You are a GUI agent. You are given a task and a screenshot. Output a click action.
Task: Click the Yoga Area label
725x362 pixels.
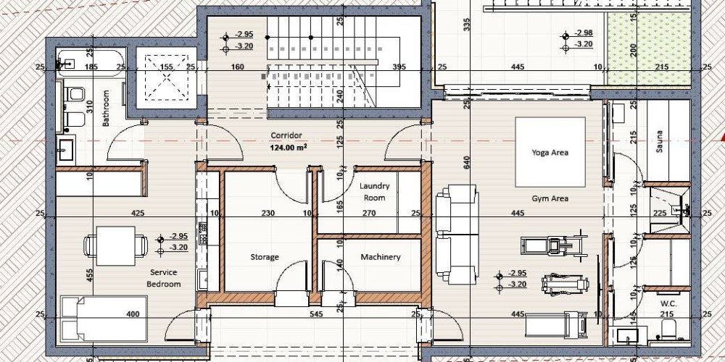(x=550, y=152)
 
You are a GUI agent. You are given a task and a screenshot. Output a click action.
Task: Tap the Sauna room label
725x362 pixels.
(x=659, y=142)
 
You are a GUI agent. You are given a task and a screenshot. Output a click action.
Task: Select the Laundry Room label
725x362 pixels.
(x=375, y=192)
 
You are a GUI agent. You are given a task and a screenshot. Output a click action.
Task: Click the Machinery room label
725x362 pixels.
(x=381, y=257)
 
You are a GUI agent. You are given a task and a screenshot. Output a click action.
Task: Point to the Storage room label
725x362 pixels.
(x=265, y=257)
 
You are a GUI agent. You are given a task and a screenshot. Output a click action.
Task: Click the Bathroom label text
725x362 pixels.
(x=106, y=108)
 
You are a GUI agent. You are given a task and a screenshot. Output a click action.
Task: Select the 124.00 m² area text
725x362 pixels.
(x=289, y=148)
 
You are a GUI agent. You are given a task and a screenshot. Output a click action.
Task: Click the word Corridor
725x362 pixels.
(x=286, y=135)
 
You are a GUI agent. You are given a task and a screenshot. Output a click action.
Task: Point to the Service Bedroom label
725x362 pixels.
(x=163, y=278)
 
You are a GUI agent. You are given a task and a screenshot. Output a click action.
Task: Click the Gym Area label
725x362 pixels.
(x=550, y=198)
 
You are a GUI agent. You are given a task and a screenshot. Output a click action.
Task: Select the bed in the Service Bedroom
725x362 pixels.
(x=104, y=319)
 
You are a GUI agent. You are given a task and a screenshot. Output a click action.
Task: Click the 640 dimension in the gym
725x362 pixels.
(x=466, y=162)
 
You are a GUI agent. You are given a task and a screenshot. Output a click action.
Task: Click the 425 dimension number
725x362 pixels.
(x=138, y=213)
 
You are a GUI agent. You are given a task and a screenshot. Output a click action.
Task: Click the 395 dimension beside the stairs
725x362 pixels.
(x=399, y=67)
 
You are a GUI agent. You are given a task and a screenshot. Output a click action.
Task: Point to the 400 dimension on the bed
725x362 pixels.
(x=133, y=314)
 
